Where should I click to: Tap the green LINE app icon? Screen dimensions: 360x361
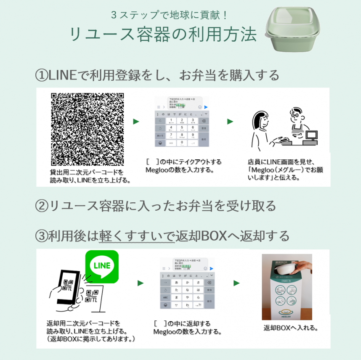click(101, 267)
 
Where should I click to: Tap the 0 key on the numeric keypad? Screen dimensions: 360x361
click(181, 143)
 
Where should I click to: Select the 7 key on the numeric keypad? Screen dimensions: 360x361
click(171, 135)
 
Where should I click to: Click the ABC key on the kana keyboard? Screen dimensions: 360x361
click(165, 297)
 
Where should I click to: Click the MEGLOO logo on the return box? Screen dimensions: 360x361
click(287, 313)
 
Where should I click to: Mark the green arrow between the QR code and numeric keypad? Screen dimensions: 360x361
click(136, 122)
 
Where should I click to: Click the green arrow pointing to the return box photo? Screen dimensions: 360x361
click(237, 283)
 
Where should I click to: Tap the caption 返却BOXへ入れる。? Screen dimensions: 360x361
click(290, 328)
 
